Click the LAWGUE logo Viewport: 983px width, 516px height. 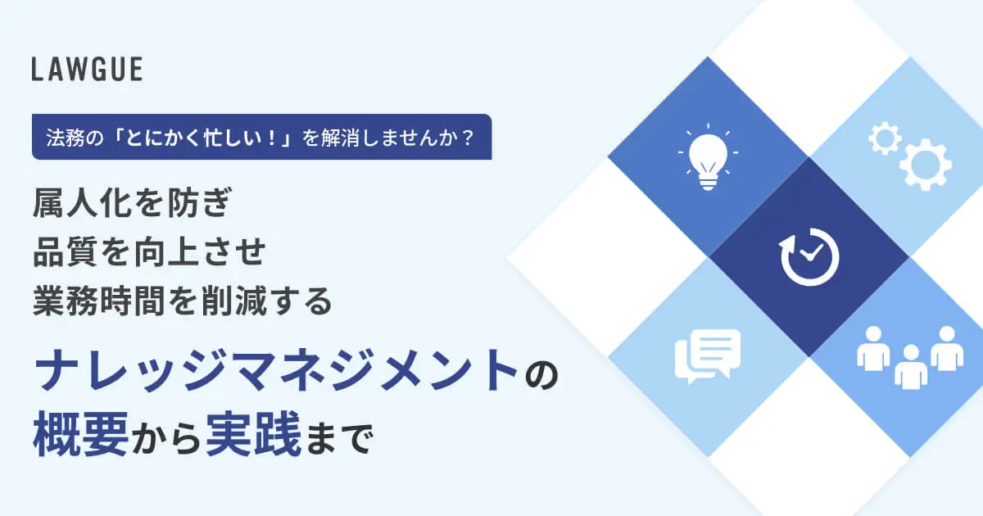(87, 70)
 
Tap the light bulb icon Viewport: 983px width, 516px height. (707, 158)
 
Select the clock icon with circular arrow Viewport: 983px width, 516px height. (809, 257)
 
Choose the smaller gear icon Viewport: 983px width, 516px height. (885, 138)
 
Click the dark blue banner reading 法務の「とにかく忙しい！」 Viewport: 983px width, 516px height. (261, 137)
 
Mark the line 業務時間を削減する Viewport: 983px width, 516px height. (183, 302)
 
